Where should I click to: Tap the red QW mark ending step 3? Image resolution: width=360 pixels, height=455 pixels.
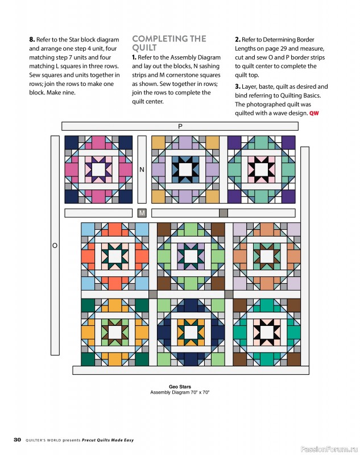(x=314, y=114)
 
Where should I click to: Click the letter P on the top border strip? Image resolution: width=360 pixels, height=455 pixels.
(x=180, y=126)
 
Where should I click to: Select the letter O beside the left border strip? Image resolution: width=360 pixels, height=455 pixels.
(x=55, y=246)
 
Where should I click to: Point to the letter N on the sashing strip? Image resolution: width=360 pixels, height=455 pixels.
(x=142, y=169)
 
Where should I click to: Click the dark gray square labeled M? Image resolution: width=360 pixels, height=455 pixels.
(x=142, y=213)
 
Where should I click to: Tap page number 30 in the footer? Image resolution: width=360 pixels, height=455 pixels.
(x=17, y=440)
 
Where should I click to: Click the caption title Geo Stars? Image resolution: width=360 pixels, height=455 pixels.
(x=180, y=387)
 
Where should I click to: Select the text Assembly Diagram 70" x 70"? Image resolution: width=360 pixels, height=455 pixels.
(x=180, y=392)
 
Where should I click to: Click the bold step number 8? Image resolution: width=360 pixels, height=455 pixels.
(x=32, y=40)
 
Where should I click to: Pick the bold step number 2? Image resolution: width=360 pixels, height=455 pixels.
(x=238, y=40)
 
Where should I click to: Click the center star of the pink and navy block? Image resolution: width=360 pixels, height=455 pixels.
(x=98, y=169)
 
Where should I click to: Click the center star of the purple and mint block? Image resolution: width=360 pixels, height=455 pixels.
(x=262, y=169)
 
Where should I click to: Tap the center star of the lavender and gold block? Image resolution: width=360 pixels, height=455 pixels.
(x=184, y=169)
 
